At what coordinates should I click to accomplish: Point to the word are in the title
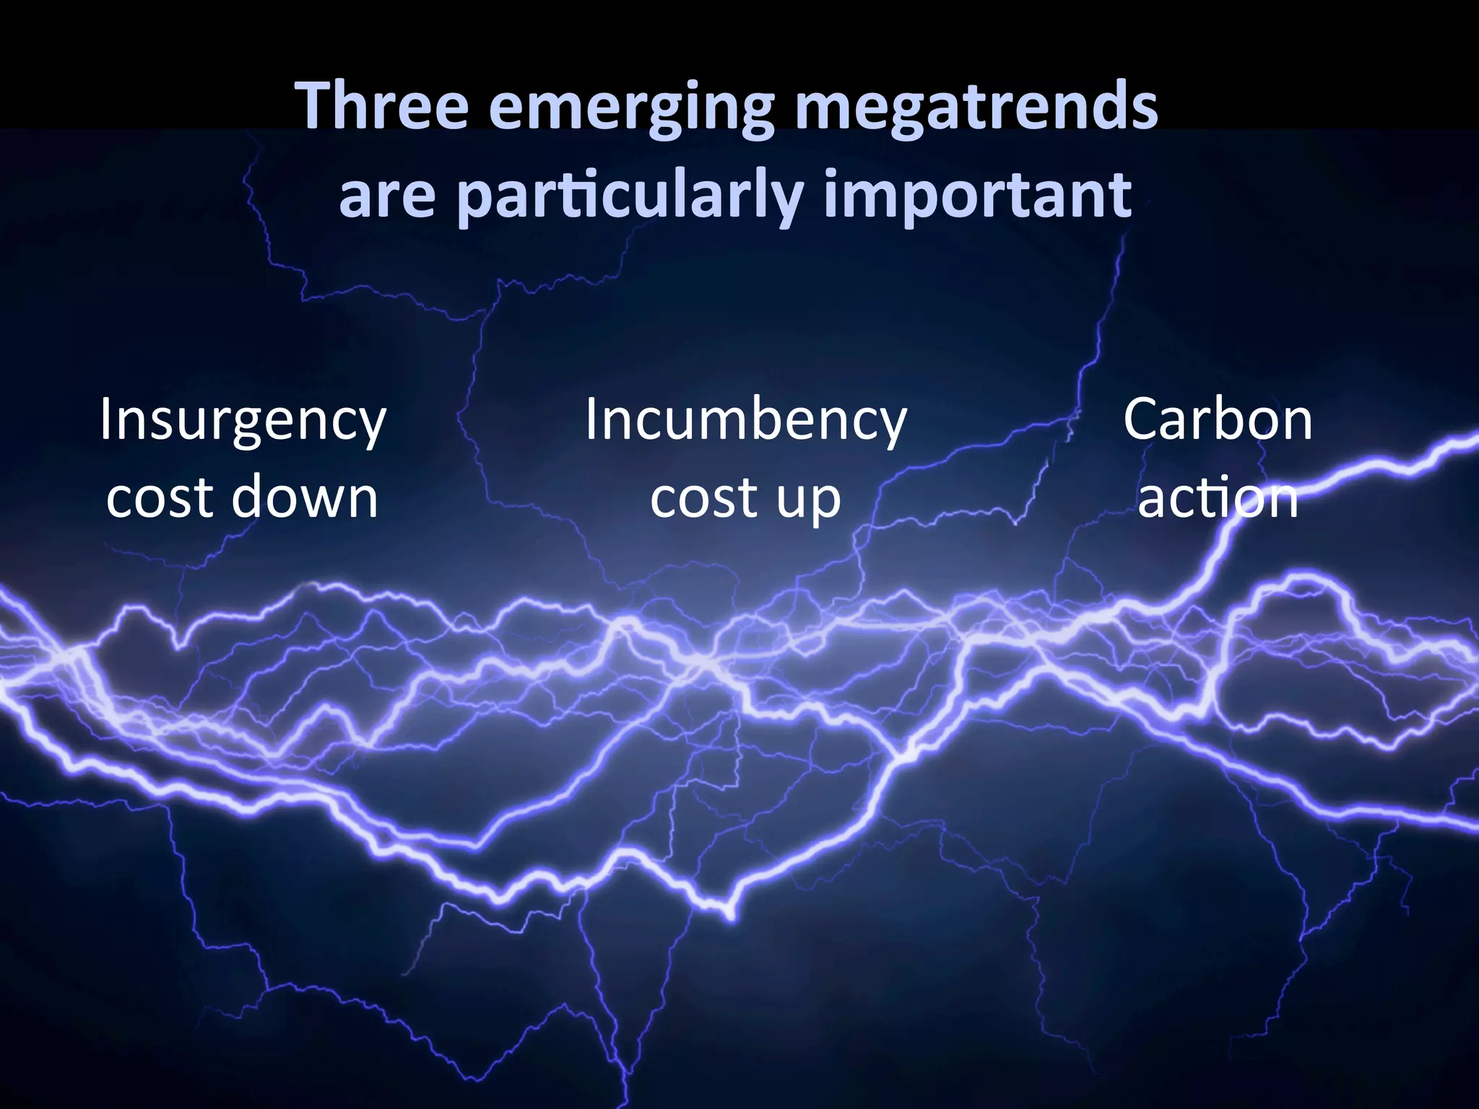[x=387, y=195]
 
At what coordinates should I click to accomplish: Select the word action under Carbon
[x=1218, y=498]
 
